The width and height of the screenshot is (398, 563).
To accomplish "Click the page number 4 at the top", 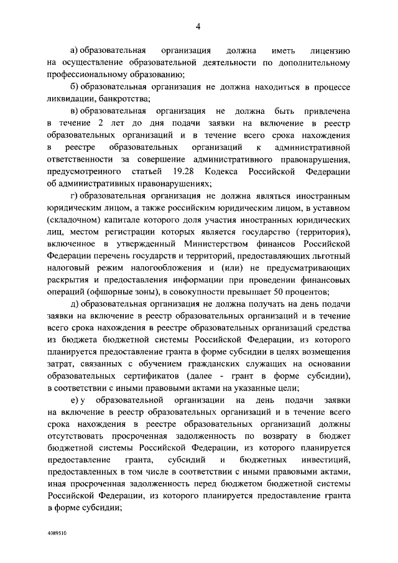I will point(198,26).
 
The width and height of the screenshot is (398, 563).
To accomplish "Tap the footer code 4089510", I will point(57,534).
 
